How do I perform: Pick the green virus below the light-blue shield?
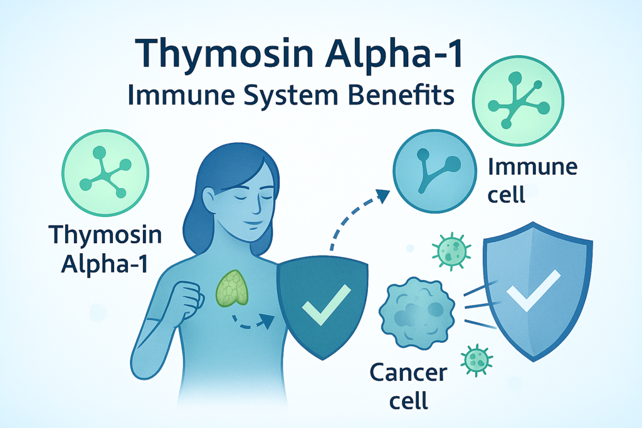coord(476,358)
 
